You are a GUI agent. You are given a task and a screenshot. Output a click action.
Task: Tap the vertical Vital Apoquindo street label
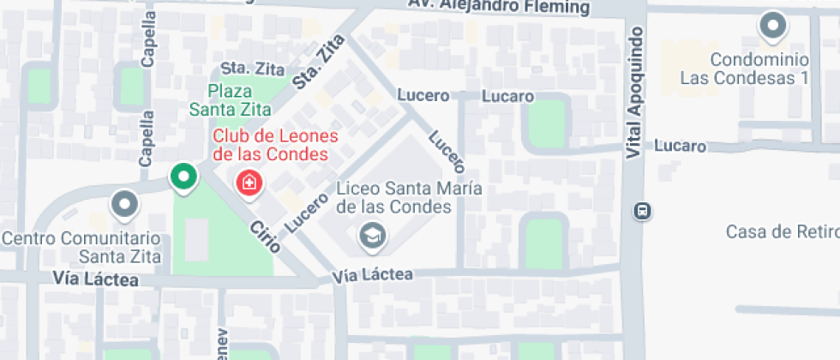coord(634,93)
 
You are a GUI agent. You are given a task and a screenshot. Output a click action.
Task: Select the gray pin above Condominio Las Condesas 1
coord(773,27)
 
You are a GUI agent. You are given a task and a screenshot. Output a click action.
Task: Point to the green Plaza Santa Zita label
coord(230,100)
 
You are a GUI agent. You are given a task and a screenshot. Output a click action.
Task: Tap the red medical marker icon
coord(249,182)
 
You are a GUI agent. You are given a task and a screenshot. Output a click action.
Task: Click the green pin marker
coord(183,177)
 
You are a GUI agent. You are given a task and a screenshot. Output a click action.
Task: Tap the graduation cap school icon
coord(372,236)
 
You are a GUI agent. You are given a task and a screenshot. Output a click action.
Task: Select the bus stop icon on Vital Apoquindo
coord(642,210)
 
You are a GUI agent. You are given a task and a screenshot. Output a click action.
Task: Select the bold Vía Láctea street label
coord(95,278)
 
